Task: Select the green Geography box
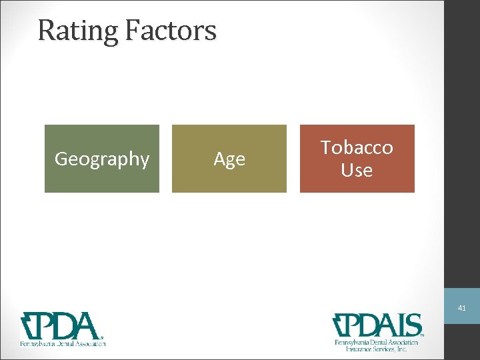[102, 159]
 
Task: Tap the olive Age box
[229, 159]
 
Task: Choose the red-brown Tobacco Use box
[357, 159]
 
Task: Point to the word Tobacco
[357, 147]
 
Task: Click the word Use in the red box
[357, 171]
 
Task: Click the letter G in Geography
[61, 159]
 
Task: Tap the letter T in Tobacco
[327, 147]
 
